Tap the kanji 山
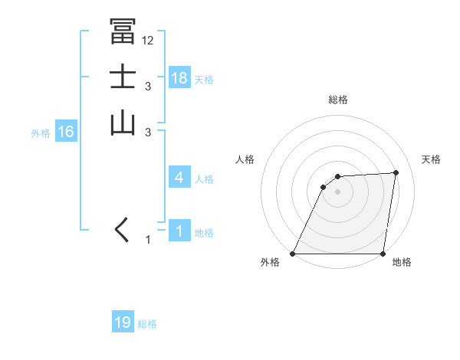(123, 123)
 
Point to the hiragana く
(123, 230)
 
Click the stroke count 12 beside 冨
(148, 41)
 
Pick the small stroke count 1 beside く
(148, 240)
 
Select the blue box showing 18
(179, 77)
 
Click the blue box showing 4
(179, 177)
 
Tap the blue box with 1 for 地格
(179, 231)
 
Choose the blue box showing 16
(66, 132)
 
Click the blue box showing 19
(123, 322)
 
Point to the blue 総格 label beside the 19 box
(147, 324)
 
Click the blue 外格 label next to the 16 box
(41, 133)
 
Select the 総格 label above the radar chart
(338, 100)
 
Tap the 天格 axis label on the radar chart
(431, 159)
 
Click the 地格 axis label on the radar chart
(402, 263)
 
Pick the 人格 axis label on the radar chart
(245, 159)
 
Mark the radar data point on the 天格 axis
(396, 172)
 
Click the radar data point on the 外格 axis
(293, 254)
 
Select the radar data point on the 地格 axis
(383, 254)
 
